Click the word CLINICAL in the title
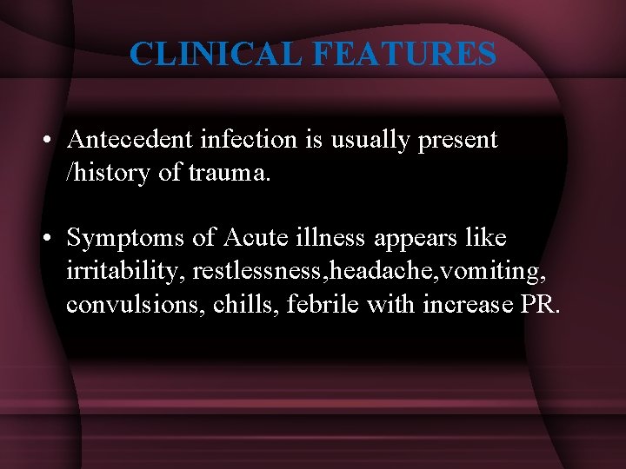216,54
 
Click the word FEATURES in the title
403,54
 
